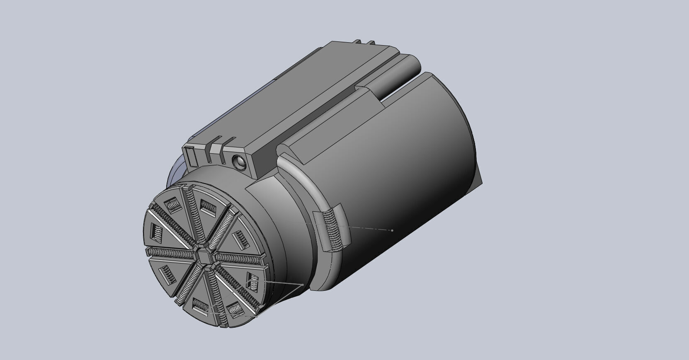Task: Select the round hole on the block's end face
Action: point(240,162)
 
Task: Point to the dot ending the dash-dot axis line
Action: point(392,230)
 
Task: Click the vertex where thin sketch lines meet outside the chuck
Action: point(301,285)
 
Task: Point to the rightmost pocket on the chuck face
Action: point(254,282)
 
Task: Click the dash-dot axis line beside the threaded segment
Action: point(365,228)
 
